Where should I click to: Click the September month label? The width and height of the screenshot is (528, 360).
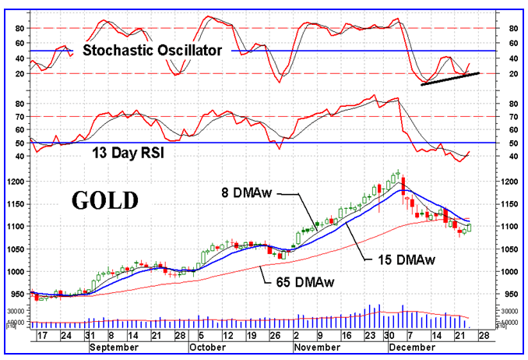click(114, 348)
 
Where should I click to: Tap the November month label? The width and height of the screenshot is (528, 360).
click(319, 348)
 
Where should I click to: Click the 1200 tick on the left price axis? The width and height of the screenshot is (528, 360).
click(17, 182)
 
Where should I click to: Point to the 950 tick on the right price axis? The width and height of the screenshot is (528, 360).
click(512, 294)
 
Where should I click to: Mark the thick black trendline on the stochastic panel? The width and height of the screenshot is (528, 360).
click(450, 79)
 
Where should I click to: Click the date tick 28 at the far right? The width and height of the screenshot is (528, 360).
click(484, 337)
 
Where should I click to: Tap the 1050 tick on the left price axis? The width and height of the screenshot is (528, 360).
click(17, 249)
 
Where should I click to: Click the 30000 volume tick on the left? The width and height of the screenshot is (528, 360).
click(16, 310)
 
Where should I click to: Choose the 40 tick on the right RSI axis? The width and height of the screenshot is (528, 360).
click(512, 157)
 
